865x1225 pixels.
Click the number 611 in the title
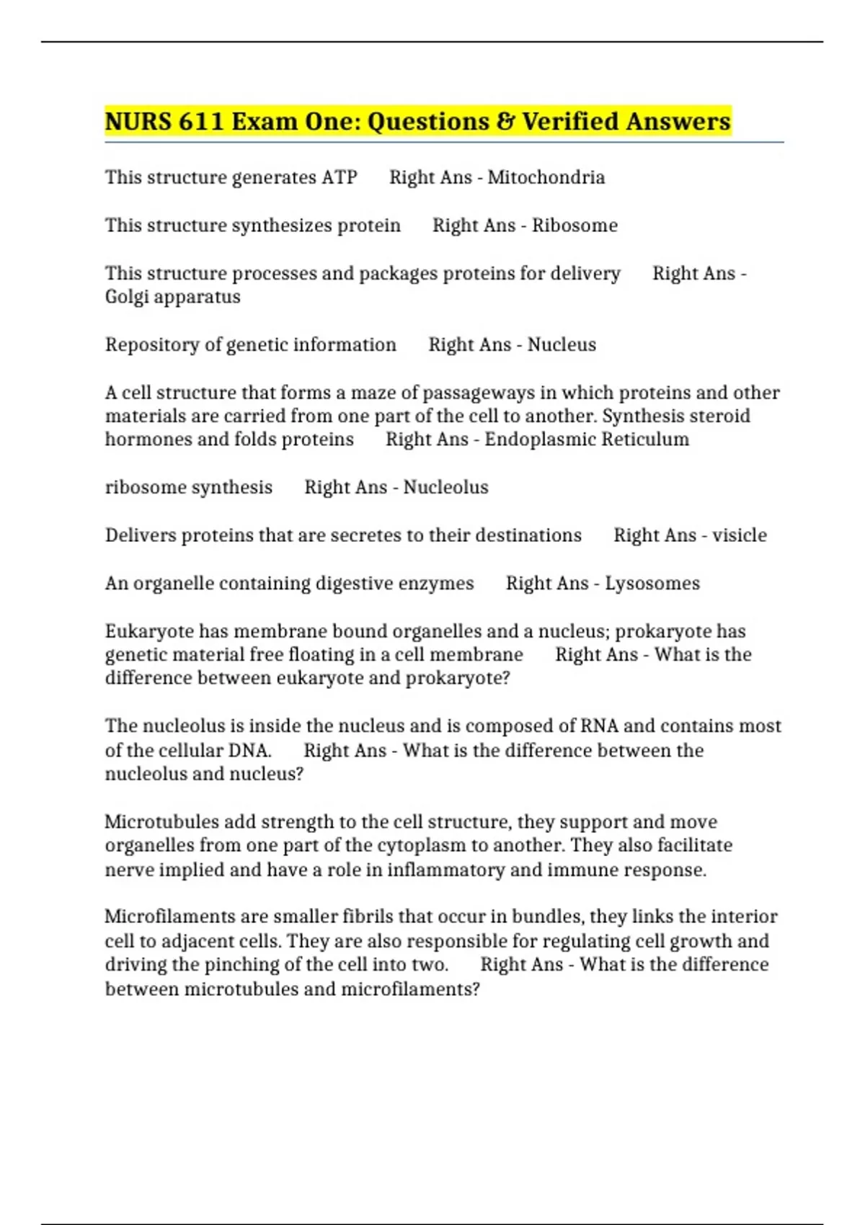click(201, 121)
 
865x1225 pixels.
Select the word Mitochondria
click(546, 177)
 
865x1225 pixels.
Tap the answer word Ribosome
click(575, 226)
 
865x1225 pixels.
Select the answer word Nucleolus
click(445, 488)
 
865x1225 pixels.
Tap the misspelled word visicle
click(739, 535)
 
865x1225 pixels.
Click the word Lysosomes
click(652, 584)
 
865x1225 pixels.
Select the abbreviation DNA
click(249, 751)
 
